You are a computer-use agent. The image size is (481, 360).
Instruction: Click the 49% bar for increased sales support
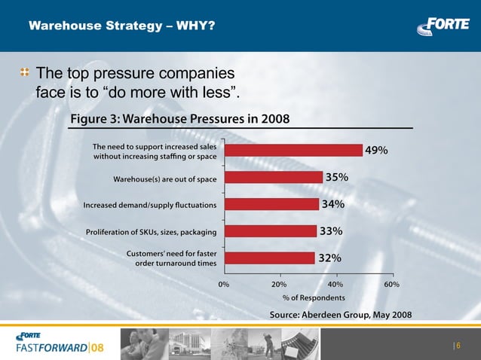coord(293,150)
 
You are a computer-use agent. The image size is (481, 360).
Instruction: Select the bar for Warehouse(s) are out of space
coord(273,177)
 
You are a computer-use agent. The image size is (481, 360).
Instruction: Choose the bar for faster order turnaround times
coord(268,258)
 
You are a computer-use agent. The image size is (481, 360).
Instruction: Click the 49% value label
coord(377,151)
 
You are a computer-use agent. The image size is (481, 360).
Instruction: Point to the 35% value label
coord(336,178)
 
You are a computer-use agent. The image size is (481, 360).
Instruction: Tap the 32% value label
coord(330,258)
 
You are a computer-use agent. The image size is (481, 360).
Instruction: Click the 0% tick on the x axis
coord(224,285)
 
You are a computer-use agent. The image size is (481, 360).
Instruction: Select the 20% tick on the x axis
coord(279,285)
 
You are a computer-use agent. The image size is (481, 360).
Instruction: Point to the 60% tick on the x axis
coord(391,285)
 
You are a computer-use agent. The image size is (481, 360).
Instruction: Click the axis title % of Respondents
coord(308,298)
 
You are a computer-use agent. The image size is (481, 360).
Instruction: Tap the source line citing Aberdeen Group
coord(341,314)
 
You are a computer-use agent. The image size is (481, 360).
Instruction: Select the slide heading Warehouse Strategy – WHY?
coord(121,26)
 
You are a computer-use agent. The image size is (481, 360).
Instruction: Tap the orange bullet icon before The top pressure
coord(25,73)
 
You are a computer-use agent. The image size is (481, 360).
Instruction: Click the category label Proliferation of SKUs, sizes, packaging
coord(152,231)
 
